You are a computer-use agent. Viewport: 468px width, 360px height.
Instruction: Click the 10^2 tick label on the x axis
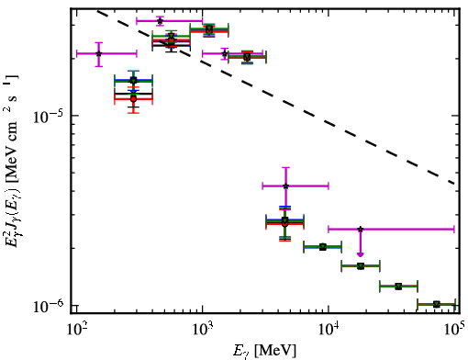(78, 331)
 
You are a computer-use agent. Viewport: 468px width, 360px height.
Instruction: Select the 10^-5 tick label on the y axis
(48, 117)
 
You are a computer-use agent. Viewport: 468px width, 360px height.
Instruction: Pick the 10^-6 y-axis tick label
(48, 306)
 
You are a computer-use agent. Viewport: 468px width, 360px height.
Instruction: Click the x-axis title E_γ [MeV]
(264, 351)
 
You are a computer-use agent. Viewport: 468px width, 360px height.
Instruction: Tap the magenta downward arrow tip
(361, 255)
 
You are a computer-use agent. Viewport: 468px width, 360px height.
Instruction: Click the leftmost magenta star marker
(98, 54)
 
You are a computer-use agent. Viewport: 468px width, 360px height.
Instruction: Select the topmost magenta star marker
(160, 21)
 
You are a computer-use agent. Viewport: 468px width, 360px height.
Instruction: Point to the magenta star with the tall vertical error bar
(285, 186)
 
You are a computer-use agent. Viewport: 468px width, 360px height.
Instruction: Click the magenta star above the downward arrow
(361, 229)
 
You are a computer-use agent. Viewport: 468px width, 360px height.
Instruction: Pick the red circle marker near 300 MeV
(133, 99)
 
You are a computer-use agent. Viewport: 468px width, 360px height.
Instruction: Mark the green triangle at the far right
(437, 304)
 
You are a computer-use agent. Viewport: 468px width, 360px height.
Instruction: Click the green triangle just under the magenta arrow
(361, 266)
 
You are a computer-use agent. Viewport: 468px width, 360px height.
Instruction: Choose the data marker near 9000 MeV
(323, 247)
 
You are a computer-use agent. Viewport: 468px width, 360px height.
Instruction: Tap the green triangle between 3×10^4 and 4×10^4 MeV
(398, 287)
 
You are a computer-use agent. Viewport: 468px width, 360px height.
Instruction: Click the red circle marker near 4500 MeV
(285, 224)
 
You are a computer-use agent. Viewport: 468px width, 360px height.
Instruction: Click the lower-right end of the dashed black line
(455, 184)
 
